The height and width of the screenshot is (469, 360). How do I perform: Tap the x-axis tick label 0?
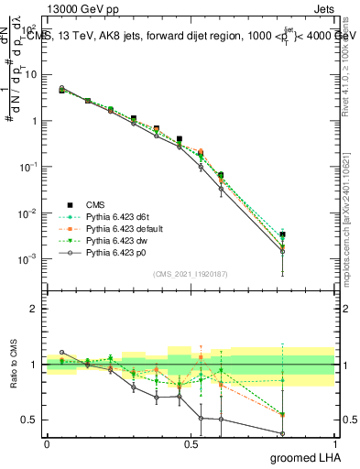(47, 443)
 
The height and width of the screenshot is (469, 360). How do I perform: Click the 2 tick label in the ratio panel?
(33, 309)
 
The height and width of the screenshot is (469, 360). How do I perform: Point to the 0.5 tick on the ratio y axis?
(28, 420)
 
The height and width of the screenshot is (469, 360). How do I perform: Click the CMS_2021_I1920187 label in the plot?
(190, 274)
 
